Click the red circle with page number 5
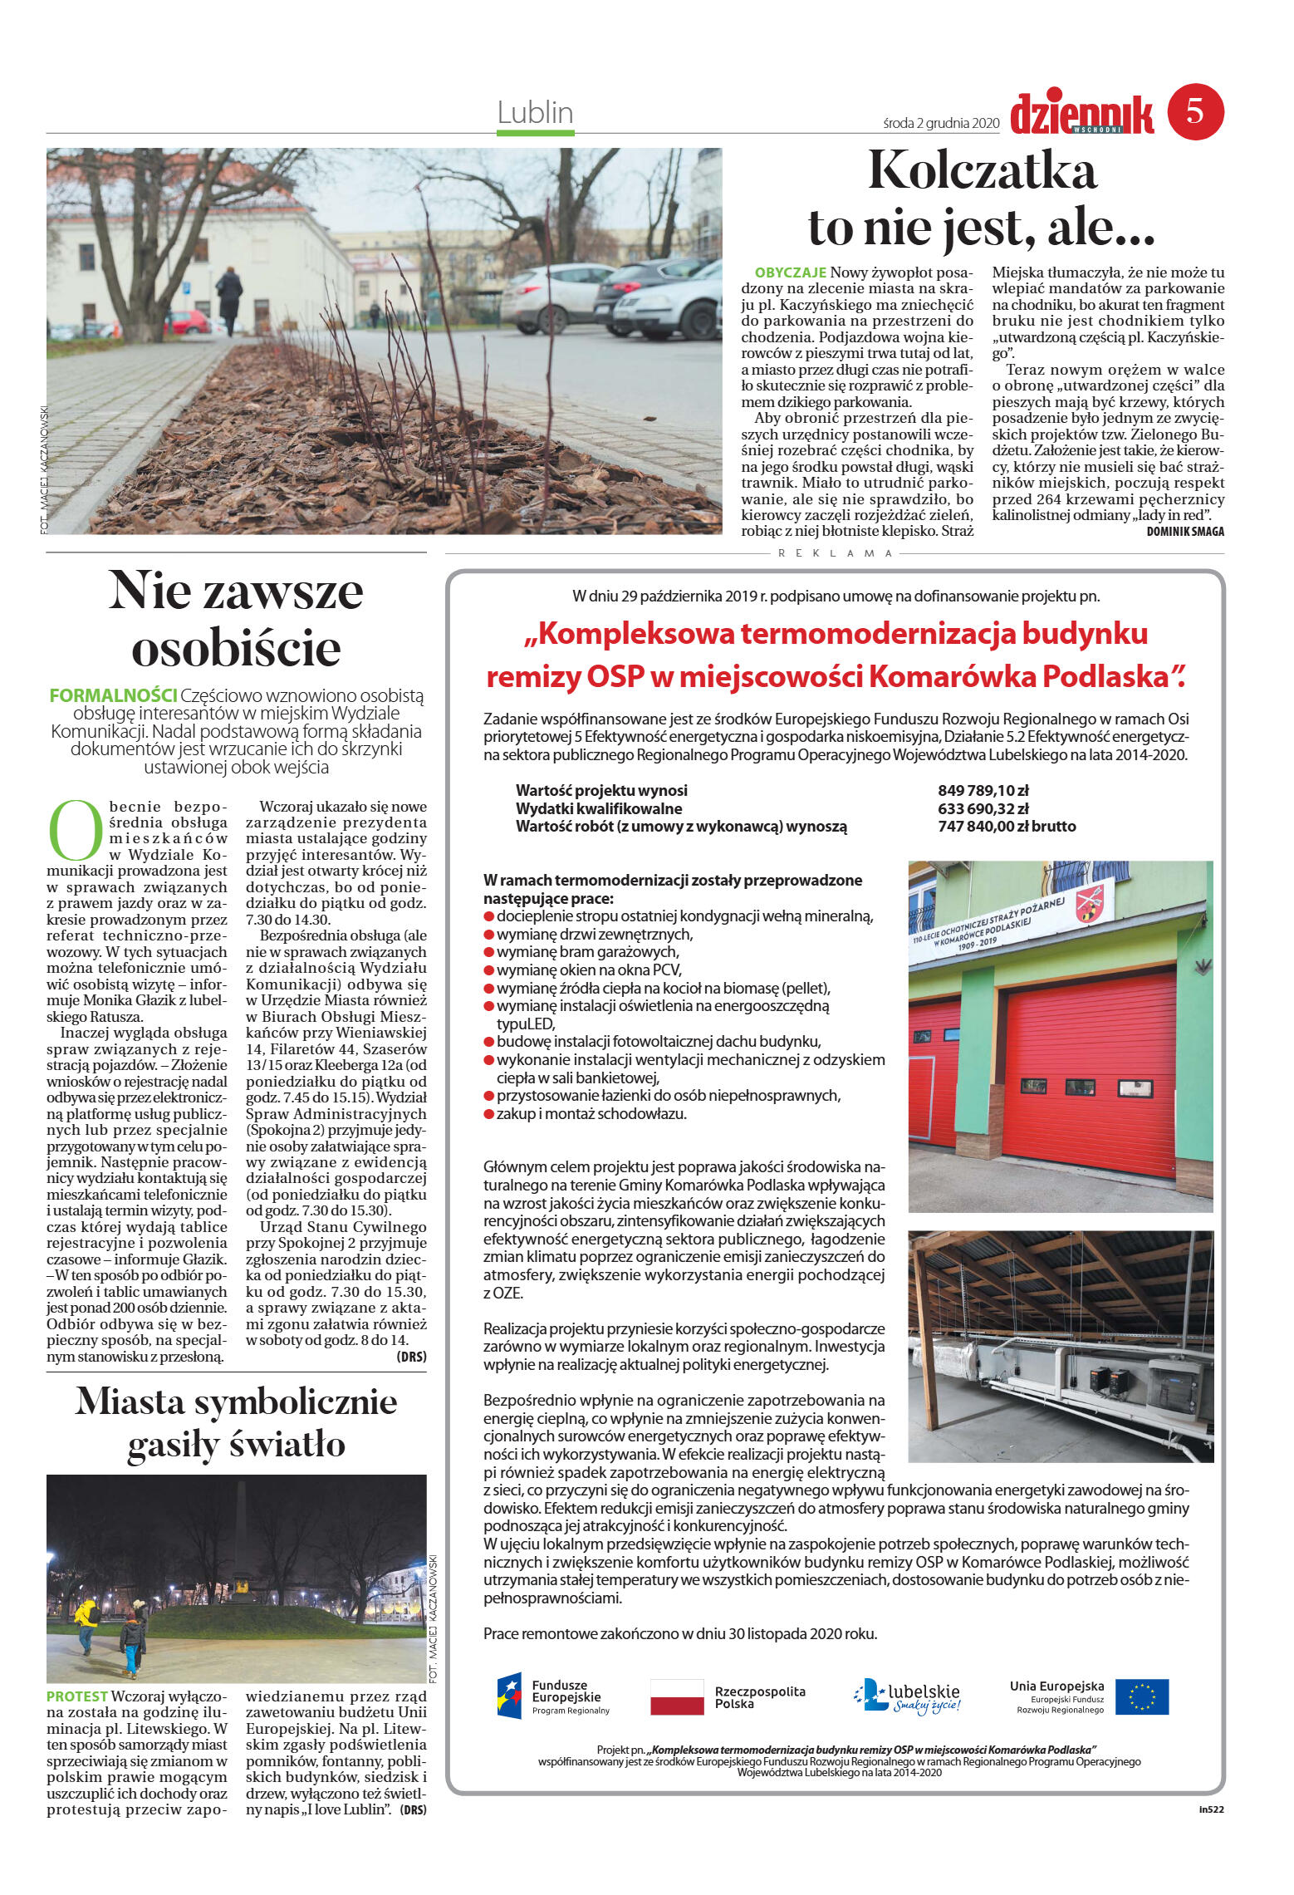point(1195,111)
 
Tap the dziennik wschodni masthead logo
point(1081,115)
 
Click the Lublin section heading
point(535,112)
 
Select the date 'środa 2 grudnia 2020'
point(941,123)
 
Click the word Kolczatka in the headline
point(983,170)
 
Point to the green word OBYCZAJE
point(790,272)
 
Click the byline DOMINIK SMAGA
point(1184,532)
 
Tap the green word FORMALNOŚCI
point(113,695)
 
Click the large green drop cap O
point(76,830)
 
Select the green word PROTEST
point(76,1696)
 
